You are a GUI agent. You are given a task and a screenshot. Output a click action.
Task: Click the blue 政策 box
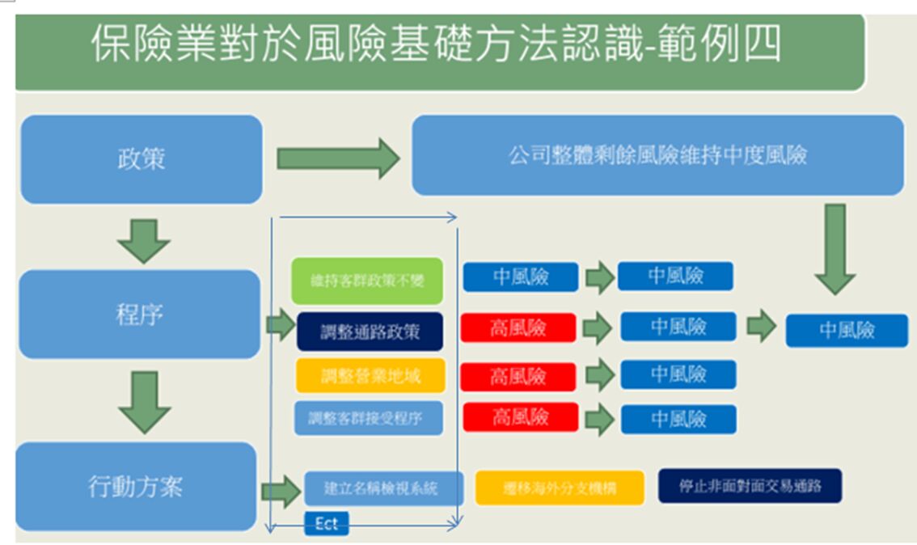pyautogui.click(x=142, y=158)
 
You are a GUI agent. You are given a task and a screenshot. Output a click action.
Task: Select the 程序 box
pyautogui.click(x=139, y=314)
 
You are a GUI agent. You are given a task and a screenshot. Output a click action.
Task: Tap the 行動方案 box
pyautogui.click(x=136, y=486)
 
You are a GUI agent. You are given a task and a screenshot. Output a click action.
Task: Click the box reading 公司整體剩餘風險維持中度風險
pyautogui.click(x=657, y=155)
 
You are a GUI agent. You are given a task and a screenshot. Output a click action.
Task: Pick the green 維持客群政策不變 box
pyautogui.click(x=367, y=281)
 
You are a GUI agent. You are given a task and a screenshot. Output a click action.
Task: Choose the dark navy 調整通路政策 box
pyautogui.click(x=370, y=332)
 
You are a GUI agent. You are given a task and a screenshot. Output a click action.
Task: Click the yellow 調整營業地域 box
pyautogui.click(x=370, y=375)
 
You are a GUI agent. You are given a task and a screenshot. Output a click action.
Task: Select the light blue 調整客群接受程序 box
pyautogui.click(x=369, y=418)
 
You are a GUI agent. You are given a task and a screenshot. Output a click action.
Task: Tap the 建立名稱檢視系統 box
pyautogui.click(x=383, y=488)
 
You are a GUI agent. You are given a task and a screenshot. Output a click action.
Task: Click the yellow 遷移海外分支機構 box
pyautogui.click(x=560, y=488)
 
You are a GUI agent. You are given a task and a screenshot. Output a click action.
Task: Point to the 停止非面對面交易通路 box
pyautogui.click(x=750, y=486)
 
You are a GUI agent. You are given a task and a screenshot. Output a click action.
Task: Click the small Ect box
pyautogui.click(x=326, y=524)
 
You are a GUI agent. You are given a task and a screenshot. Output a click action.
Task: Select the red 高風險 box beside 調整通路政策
pyautogui.click(x=518, y=327)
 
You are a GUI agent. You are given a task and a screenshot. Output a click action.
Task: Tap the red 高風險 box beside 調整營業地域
pyautogui.click(x=518, y=376)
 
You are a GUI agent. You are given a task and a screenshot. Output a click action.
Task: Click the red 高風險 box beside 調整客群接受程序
pyautogui.click(x=520, y=417)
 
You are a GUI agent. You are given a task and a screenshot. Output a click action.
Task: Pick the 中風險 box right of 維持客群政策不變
pyautogui.click(x=521, y=277)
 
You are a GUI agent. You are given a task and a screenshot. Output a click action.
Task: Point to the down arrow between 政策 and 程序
pyautogui.click(x=143, y=240)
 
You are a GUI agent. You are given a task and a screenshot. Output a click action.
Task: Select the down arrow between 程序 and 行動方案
pyautogui.click(x=144, y=402)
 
